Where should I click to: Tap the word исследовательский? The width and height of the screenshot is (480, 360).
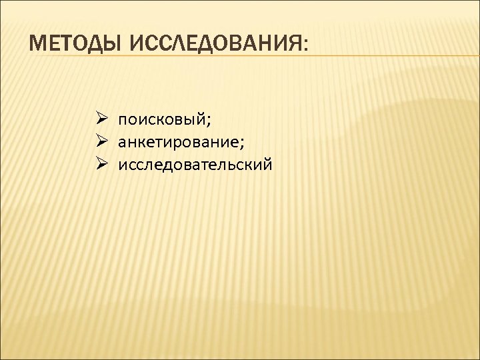click(195, 164)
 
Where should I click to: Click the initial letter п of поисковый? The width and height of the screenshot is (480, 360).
click(123, 122)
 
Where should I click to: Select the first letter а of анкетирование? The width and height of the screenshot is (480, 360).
click(122, 143)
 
